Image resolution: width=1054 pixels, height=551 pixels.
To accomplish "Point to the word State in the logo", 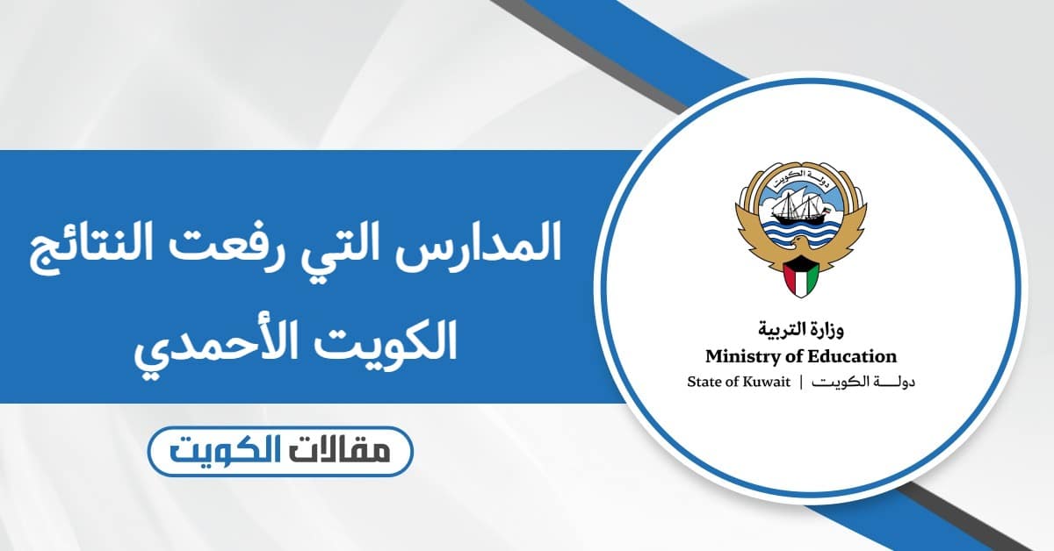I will point(703,382).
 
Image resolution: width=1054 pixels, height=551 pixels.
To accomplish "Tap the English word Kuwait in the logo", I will point(764,382).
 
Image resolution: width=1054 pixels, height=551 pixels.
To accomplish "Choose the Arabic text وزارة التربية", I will point(800,332).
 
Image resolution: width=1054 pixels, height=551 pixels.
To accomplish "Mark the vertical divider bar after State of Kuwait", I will point(801,382).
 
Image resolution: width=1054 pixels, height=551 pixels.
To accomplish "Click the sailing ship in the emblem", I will point(801,207).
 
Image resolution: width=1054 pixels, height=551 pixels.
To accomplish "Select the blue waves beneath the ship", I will point(800,233).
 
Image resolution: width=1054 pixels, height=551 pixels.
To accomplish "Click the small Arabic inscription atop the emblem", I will point(800,175).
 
